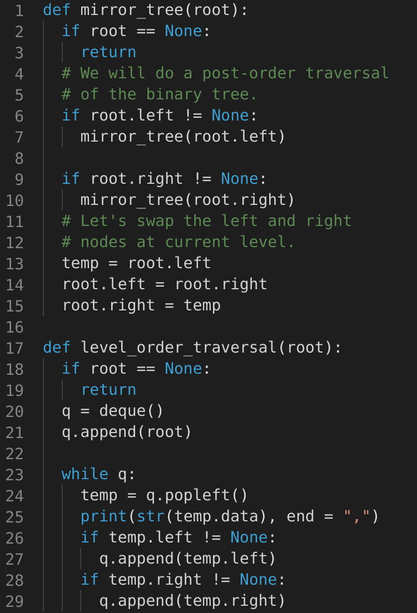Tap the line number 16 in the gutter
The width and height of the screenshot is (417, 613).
14,326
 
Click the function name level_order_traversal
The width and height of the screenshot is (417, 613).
178,348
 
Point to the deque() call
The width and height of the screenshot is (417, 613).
132,411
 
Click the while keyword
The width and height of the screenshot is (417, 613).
85,474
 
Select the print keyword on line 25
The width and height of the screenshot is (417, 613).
103,516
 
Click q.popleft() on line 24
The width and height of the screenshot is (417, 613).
192,495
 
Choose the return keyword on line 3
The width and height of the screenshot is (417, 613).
108,52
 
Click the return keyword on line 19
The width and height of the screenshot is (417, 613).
108,390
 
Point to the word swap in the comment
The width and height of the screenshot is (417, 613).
155,221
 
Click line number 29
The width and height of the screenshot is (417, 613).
14,601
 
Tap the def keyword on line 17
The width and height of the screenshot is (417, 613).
57,348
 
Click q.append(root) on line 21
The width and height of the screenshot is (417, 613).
127,432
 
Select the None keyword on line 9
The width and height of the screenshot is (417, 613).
239,179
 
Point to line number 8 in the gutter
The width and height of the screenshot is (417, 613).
19,158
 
